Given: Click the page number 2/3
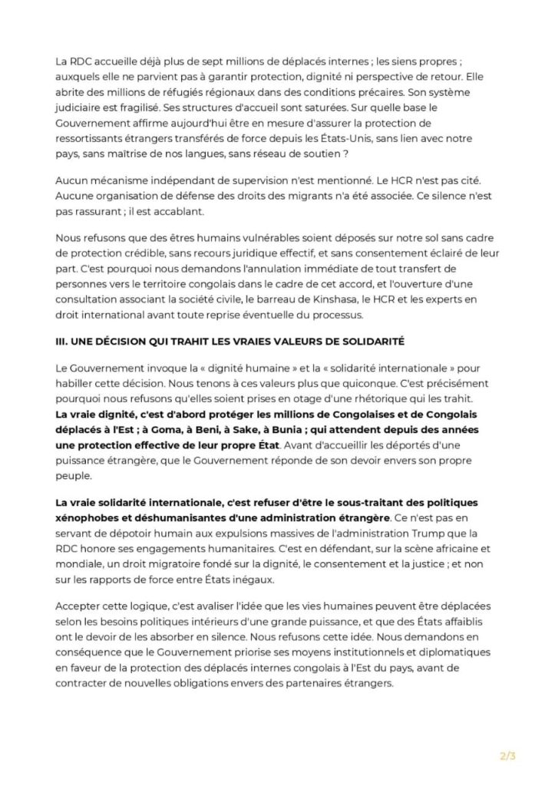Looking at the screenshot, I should click(x=507, y=756).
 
